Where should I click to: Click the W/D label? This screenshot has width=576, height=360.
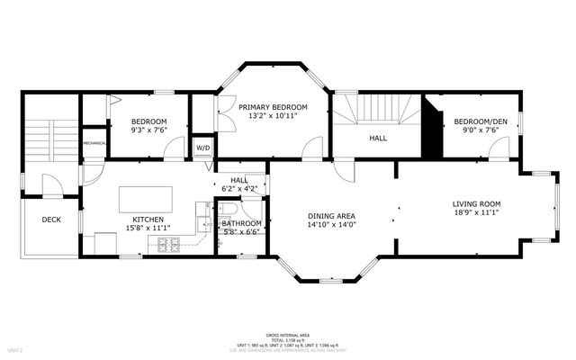(x=203, y=148)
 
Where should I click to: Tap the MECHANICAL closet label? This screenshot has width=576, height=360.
(x=95, y=143)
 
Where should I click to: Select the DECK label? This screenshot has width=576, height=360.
(x=51, y=219)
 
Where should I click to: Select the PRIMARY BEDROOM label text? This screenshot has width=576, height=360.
(x=273, y=107)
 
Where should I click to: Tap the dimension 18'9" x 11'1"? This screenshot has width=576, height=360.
(x=476, y=214)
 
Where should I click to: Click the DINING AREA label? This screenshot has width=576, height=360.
(x=333, y=216)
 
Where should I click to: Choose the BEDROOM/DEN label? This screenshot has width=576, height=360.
(x=478, y=121)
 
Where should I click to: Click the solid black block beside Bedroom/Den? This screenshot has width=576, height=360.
(x=434, y=127)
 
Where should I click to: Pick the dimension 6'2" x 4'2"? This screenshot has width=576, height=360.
(x=238, y=189)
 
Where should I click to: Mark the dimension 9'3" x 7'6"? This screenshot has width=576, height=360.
(x=149, y=130)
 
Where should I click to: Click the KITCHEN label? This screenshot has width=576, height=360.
(x=148, y=220)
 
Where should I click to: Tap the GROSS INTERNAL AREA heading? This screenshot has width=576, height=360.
(x=287, y=333)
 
